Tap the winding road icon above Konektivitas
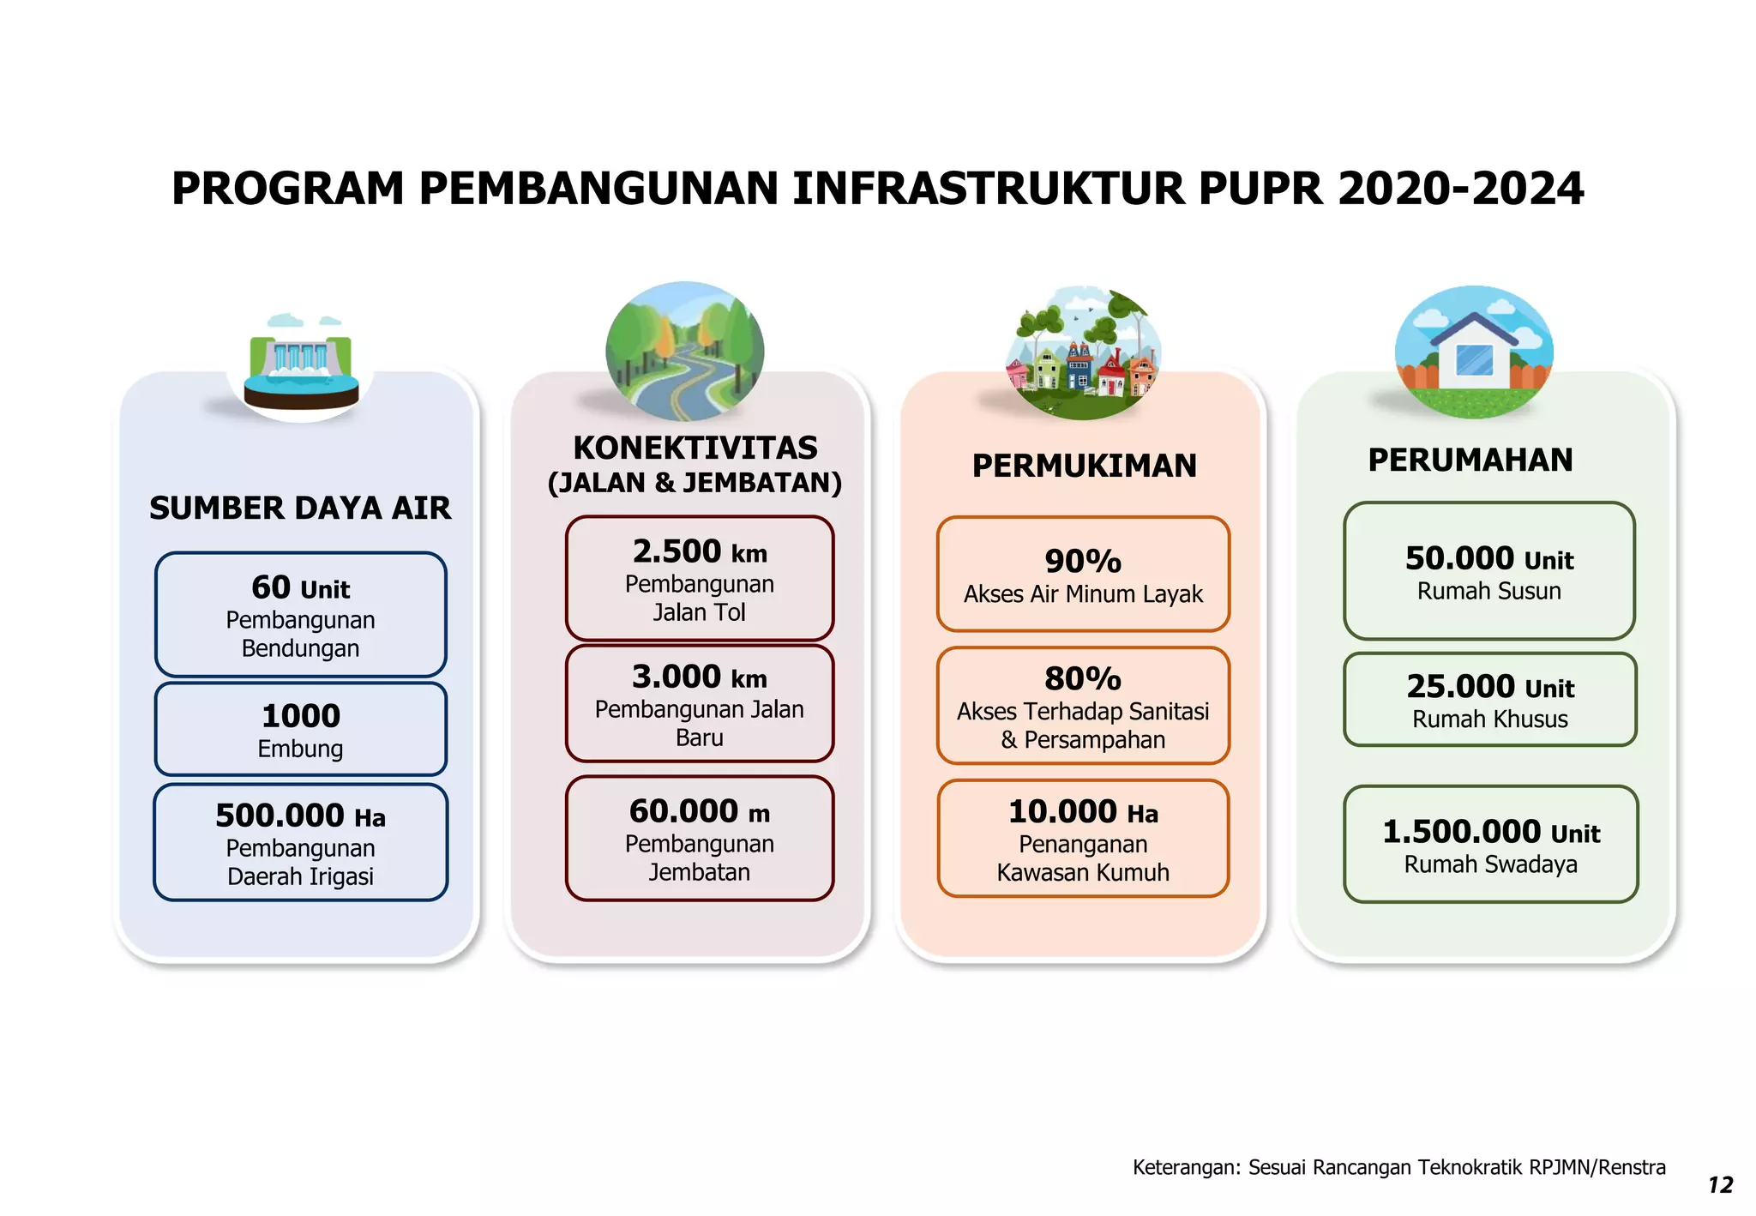coord(684,352)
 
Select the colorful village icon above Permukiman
coord(1083,353)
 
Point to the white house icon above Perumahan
coord(1473,352)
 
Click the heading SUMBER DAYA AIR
coord(300,509)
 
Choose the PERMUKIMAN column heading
coord(1084,466)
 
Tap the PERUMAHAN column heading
coord(1470,461)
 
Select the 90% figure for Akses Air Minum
coord(1083,562)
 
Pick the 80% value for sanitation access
coord(1083,679)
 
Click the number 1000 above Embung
coord(301,716)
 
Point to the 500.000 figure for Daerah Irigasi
coord(280,816)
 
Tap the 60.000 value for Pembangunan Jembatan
coord(683,811)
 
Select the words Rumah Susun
coord(1489,592)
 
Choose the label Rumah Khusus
coord(1490,719)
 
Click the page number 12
coord(1720,1185)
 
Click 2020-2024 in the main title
coord(1460,189)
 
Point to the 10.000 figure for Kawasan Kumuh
coord(1062,812)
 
